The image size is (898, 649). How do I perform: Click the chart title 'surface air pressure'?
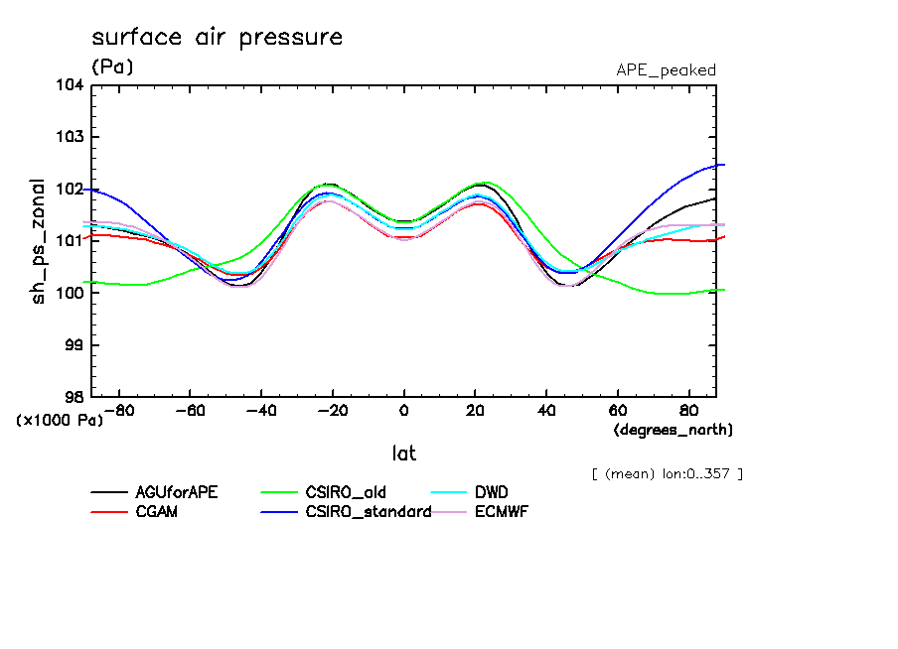(x=217, y=38)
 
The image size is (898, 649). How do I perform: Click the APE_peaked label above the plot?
(x=666, y=70)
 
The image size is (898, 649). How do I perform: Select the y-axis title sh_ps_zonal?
(x=38, y=241)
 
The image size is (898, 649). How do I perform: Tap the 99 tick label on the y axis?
(x=74, y=344)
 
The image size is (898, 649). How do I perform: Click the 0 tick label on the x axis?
(x=403, y=410)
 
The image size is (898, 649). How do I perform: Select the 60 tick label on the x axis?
(x=618, y=410)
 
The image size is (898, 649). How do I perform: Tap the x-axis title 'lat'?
(x=403, y=454)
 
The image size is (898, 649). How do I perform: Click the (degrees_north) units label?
(x=673, y=430)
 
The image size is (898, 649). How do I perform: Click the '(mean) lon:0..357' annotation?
(x=667, y=473)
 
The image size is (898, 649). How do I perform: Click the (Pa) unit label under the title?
(x=111, y=66)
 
